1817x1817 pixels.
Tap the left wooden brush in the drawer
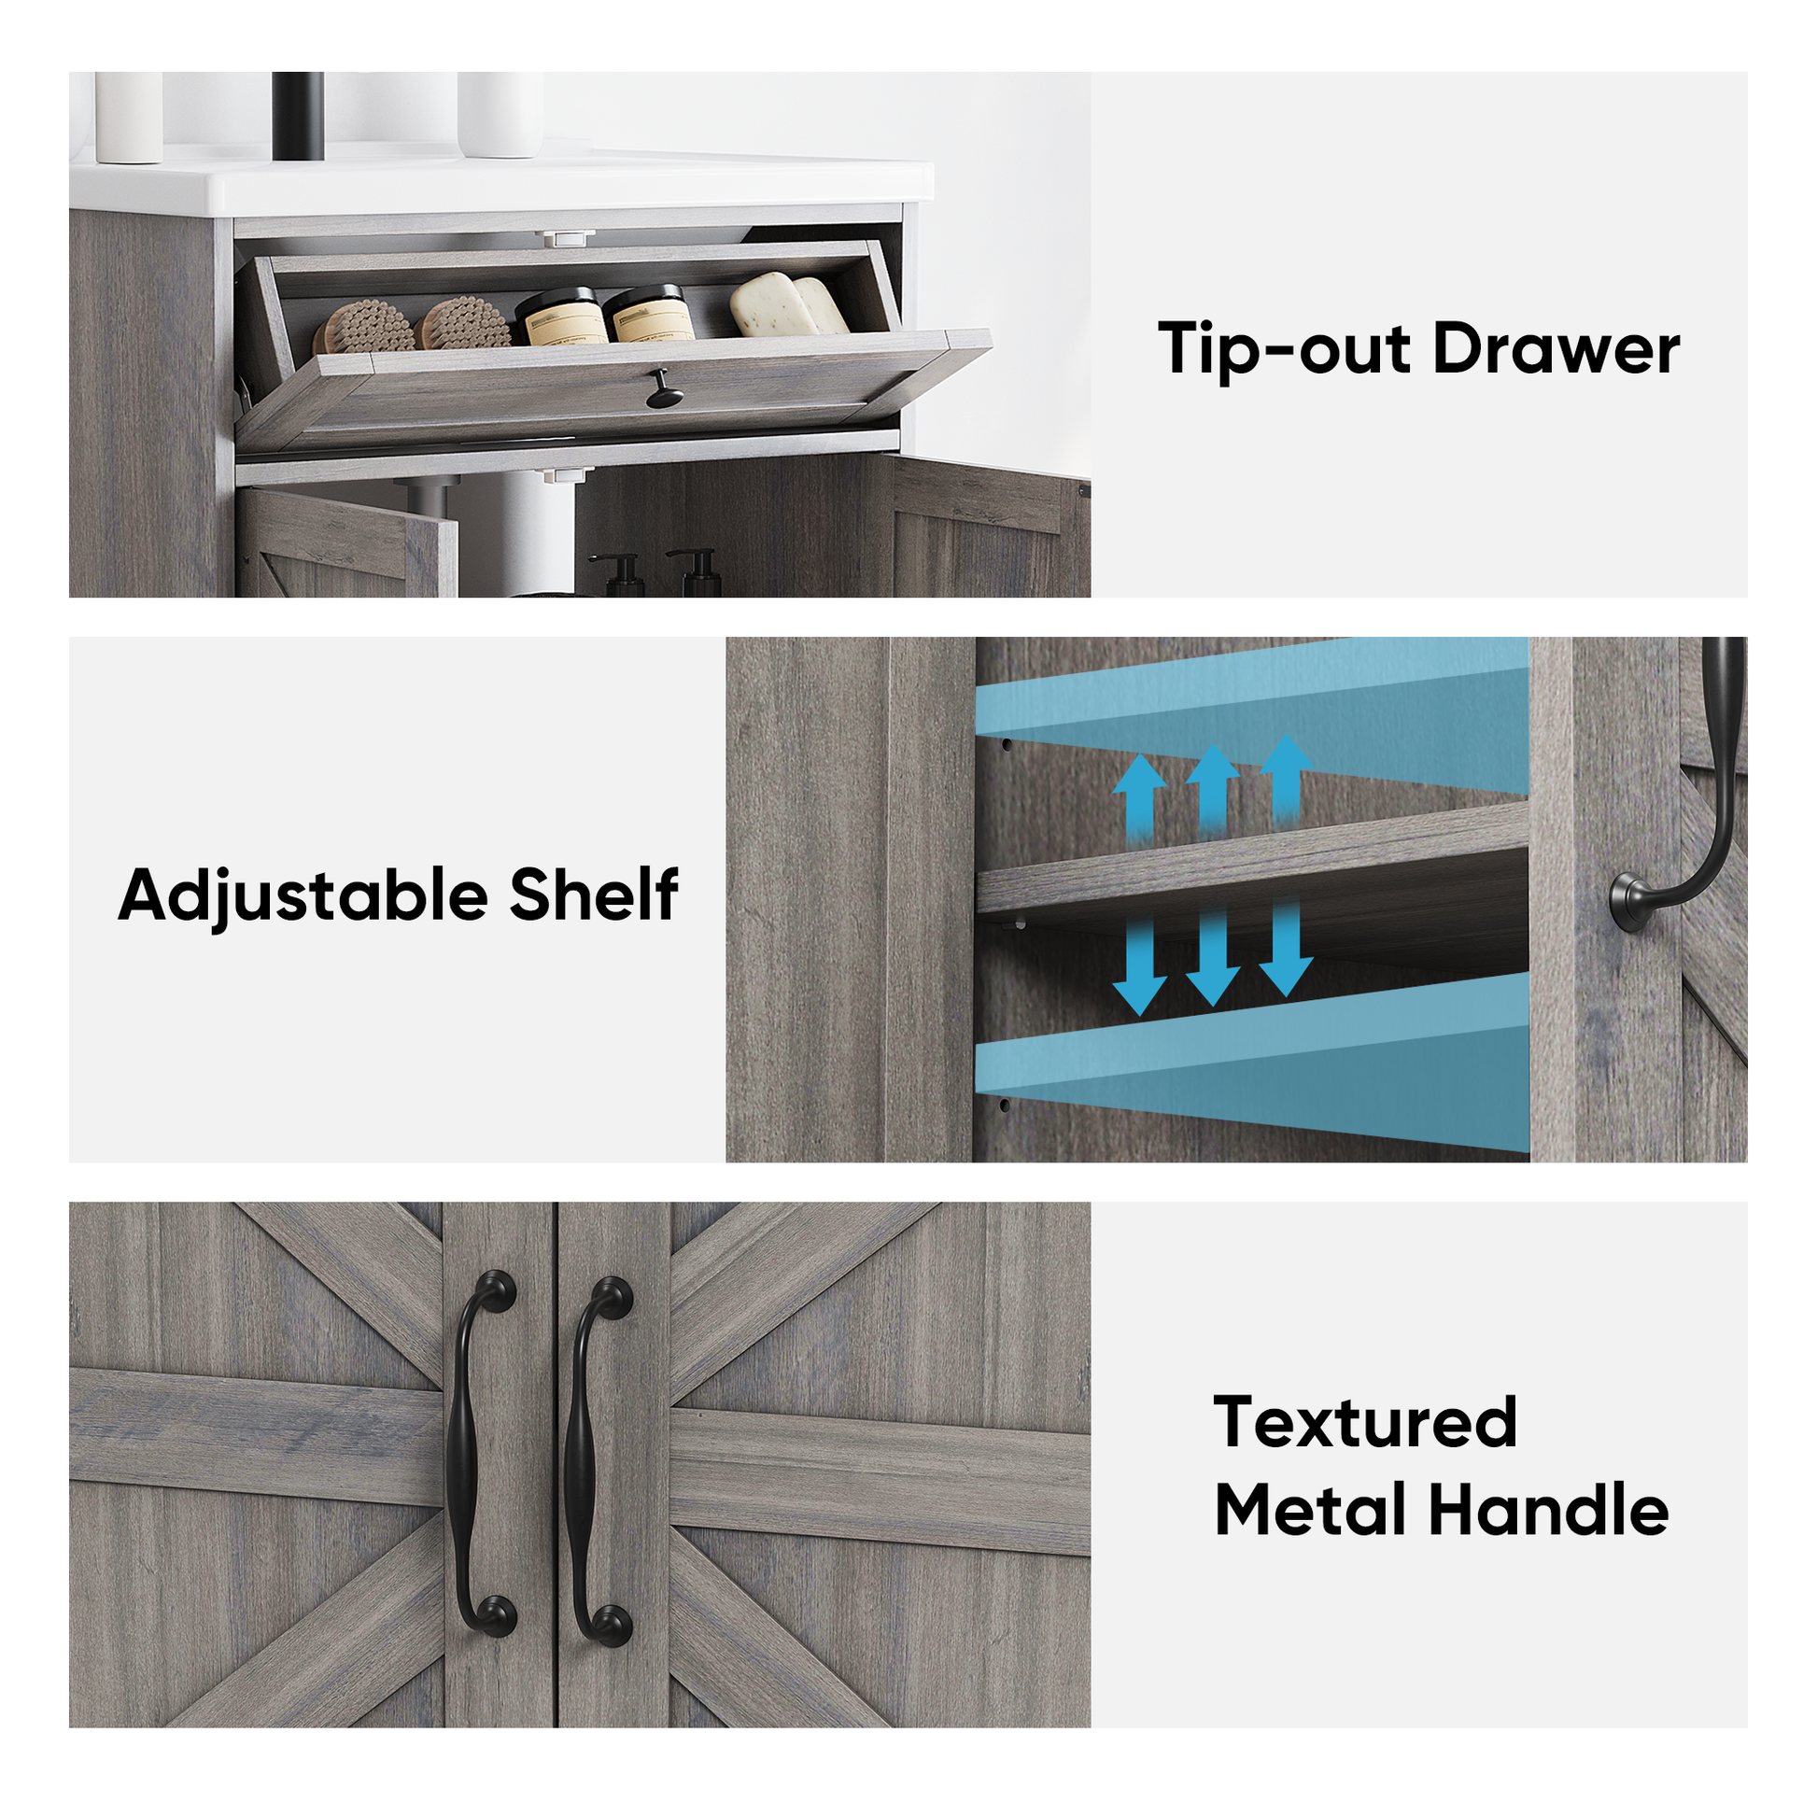point(363,328)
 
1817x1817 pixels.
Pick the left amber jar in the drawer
point(561,316)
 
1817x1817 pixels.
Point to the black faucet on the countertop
point(297,115)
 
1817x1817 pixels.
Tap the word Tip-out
point(1286,349)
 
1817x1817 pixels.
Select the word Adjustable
point(303,894)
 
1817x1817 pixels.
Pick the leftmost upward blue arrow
point(1140,798)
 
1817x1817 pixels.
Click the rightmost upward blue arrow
point(1287,780)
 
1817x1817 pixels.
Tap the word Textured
point(1366,1421)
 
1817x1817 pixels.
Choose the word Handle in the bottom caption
point(1549,1511)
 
